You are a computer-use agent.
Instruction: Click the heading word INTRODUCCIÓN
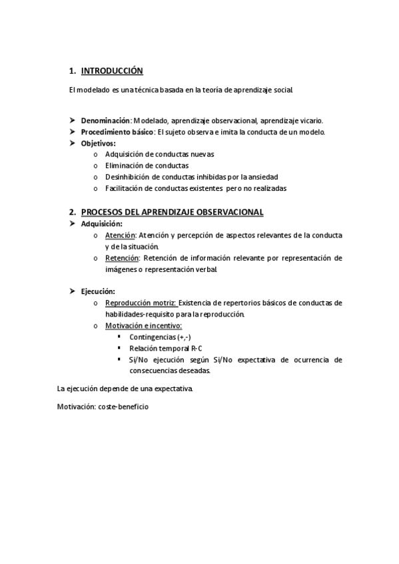point(112,70)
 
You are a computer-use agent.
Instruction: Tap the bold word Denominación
point(105,121)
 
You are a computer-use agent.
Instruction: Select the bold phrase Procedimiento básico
point(117,132)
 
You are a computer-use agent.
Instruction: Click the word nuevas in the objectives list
point(199,154)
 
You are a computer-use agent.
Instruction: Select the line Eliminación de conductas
point(147,166)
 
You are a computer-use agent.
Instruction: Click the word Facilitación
point(123,188)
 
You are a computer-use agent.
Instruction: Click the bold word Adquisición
point(101,223)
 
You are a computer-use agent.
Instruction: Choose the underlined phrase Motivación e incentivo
point(143,325)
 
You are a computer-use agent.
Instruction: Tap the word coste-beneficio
point(123,406)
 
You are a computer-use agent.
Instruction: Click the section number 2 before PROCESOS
point(71,212)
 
